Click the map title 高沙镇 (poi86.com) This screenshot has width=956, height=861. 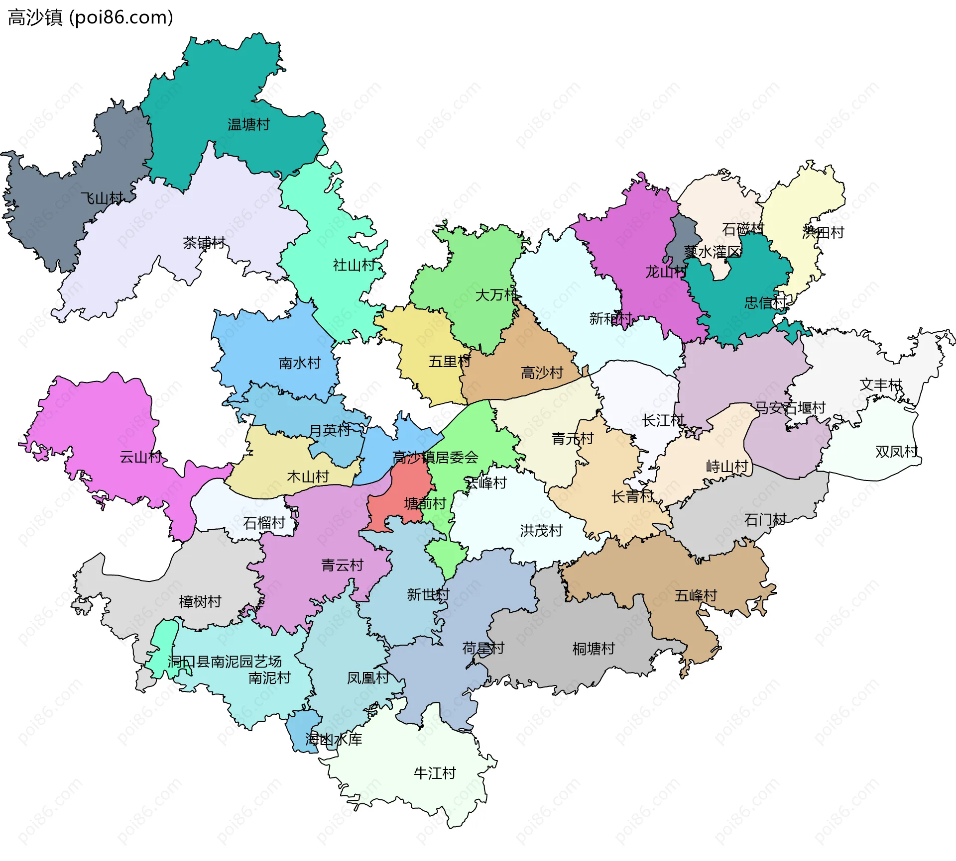point(90,17)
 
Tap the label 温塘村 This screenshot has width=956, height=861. point(248,124)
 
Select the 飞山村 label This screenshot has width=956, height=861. point(102,198)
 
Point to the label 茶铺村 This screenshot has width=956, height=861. point(204,243)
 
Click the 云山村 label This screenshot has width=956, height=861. point(140,457)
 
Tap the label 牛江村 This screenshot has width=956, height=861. point(435,773)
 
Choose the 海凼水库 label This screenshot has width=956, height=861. point(334,740)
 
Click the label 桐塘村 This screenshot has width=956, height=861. point(594,649)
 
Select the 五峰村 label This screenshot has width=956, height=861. point(696,595)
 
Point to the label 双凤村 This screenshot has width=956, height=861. point(896,452)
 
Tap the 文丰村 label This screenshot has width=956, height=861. point(880,384)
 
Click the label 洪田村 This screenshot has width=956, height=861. point(823,232)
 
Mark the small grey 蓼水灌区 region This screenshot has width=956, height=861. point(685,236)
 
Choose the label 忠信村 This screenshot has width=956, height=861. point(765,302)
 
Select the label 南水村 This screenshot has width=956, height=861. point(300,363)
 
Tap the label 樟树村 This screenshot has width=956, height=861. point(200,601)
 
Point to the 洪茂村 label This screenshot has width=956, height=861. point(541,530)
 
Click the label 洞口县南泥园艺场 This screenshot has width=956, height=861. point(225,662)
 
